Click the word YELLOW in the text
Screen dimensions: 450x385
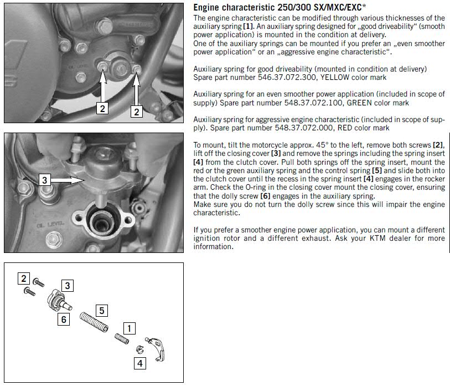[x=335, y=78]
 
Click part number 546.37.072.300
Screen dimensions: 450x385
[x=287, y=78]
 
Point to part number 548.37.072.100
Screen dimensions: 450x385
[x=313, y=103]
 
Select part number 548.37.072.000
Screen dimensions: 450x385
[x=304, y=128]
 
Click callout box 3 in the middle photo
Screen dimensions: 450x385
[x=44, y=180]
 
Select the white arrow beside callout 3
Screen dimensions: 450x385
[x=68, y=180]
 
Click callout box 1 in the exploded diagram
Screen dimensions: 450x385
[x=129, y=328]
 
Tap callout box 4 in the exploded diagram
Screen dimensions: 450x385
[x=140, y=363]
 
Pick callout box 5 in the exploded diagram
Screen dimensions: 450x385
[x=102, y=311]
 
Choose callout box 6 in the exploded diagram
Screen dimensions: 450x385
[x=64, y=320]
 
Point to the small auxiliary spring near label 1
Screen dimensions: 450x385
[x=122, y=338]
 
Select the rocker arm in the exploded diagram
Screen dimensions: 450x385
[x=157, y=348]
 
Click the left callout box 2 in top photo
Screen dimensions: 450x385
[x=102, y=108]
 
